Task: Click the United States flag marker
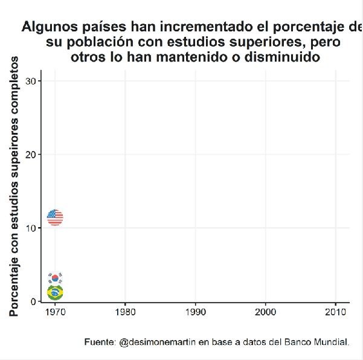[54, 217]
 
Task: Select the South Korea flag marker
[55, 278]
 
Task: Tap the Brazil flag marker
[55, 293]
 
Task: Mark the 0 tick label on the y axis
[36, 301]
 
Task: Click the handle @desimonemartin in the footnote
[155, 342]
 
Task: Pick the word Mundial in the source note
[332, 342]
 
